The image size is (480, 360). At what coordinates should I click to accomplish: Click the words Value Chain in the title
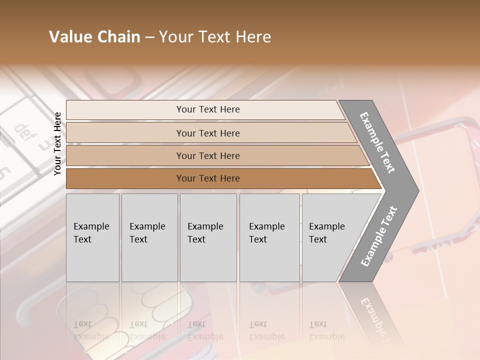tap(94, 37)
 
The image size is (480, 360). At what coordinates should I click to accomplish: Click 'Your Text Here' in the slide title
tap(215, 37)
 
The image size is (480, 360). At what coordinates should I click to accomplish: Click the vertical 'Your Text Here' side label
tap(57, 143)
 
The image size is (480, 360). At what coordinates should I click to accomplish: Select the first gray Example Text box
tap(92, 237)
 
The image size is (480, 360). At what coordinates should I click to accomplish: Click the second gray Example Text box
tap(149, 237)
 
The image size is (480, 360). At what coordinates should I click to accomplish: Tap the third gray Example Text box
tap(208, 237)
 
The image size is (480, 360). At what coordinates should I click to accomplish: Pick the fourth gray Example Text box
tap(269, 237)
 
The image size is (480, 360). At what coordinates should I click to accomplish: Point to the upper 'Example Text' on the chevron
tap(377, 142)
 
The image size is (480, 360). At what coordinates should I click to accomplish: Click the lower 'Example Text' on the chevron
tap(378, 236)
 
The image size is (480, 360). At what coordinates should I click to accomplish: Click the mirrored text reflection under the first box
tap(91, 330)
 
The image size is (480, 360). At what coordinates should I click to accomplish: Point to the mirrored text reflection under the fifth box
tap(326, 330)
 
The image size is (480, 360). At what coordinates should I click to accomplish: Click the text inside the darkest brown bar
tap(208, 178)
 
